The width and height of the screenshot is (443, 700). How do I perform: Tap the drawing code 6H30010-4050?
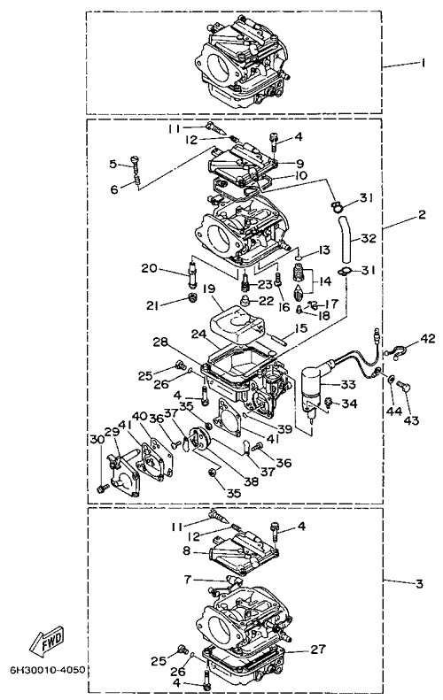48,670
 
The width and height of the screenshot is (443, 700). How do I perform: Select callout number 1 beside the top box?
423,63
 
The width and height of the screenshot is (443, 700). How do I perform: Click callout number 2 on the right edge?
422,215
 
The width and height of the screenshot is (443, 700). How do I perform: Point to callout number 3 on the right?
419,583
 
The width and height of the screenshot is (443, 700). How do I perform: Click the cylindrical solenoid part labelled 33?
314,384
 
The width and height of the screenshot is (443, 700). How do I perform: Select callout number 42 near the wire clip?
428,338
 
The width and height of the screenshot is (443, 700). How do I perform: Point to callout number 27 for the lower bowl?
318,649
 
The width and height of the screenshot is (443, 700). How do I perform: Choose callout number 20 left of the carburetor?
150,268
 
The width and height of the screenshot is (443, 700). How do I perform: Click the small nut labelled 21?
192,296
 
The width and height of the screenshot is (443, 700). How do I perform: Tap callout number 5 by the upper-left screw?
113,164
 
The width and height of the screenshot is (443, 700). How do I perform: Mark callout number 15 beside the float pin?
301,328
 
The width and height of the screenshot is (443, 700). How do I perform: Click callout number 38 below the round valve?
252,481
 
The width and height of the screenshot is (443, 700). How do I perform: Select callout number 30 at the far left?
97,439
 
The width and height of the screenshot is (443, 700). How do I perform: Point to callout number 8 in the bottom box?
186,550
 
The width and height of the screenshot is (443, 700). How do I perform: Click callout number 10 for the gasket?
300,175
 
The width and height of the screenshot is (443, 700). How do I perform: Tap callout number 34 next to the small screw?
350,404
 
